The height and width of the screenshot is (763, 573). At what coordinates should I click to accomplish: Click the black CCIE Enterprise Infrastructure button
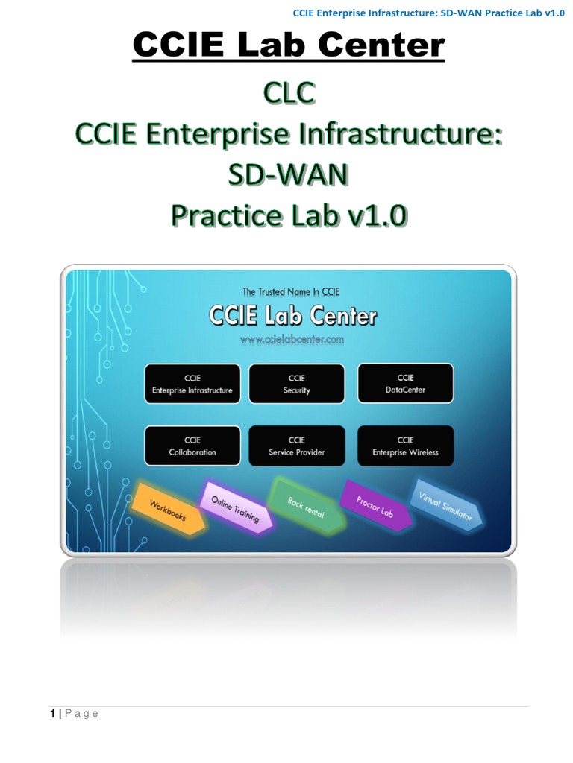(192, 384)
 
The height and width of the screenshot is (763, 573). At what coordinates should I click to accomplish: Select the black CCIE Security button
(296, 384)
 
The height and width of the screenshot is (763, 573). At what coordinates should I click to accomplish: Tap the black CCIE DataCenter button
(405, 384)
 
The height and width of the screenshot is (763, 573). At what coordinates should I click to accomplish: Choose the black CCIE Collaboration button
(192, 446)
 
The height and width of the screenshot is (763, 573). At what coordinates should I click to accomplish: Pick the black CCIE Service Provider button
(296, 446)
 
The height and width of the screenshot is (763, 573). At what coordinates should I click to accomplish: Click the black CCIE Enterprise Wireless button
(405, 446)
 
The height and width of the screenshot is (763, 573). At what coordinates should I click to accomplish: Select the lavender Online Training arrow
(235, 507)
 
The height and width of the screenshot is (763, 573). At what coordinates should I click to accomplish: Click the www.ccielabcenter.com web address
(292, 340)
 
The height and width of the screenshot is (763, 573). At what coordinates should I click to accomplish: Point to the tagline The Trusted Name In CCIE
(292, 292)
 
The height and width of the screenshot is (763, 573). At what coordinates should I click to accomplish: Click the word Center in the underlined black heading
(381, 46)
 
